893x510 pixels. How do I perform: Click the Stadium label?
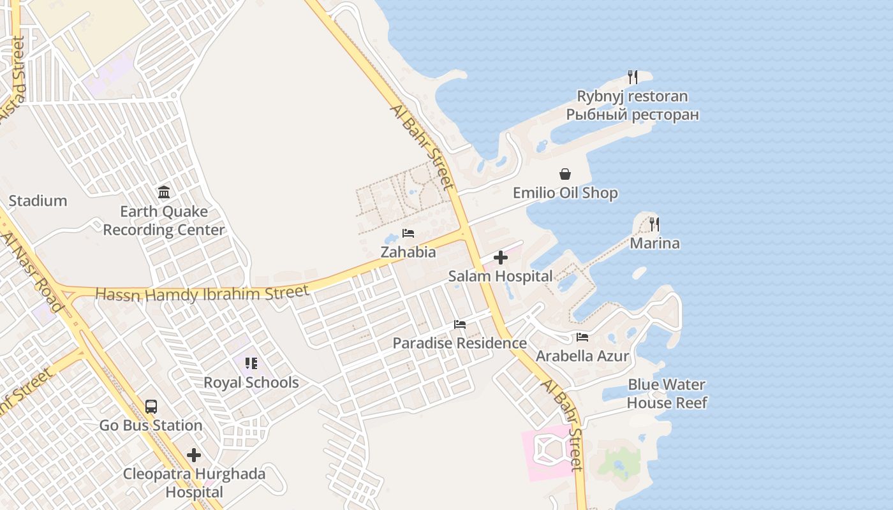coord(38,201)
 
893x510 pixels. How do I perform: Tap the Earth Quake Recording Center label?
coord(164,221)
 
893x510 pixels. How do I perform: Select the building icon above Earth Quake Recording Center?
coord(164,192)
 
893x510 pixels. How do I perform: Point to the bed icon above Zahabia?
coord(408,233)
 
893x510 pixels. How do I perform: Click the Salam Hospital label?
coord(500,277)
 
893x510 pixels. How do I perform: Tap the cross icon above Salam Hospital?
coord(501,258)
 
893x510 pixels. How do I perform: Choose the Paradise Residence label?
coord(459,343)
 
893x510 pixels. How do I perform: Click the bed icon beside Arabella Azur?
coord(582,337)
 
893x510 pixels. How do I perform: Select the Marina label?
coord(654,244)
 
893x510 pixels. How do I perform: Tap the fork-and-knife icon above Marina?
coord(654,224)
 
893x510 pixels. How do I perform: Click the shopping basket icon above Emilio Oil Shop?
coord(565,174)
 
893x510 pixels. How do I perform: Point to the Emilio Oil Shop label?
coord(565,193)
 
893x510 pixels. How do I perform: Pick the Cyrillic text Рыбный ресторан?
coord(632,115)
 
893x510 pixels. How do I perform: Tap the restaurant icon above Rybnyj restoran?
coord(632,77)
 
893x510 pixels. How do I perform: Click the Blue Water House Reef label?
coord(667,393)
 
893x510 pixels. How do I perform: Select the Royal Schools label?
coord(251,382)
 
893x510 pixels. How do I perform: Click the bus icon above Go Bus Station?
coord(151,406)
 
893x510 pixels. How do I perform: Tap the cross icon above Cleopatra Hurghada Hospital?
coord(194,455)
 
